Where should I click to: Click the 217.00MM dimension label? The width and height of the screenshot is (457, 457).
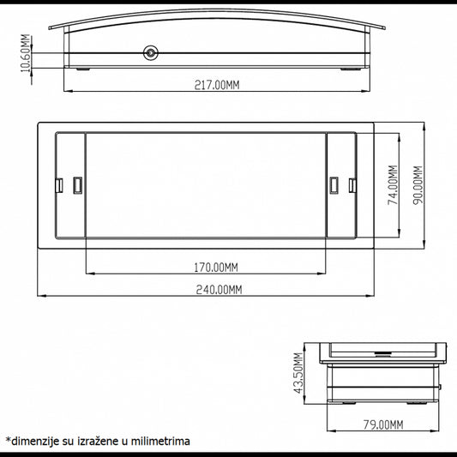(x=217, y=85)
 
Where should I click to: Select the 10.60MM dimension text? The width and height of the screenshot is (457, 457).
(x=26, y=53)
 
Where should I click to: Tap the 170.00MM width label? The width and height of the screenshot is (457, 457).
(x=216, y=268)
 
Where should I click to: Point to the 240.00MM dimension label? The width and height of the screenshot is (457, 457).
(x=219, y=290)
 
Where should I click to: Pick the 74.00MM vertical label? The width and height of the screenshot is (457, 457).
(x=393, y=185)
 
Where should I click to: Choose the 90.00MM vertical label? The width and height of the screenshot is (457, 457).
(x=418, y=185)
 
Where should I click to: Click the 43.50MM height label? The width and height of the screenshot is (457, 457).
(x=298, y=373)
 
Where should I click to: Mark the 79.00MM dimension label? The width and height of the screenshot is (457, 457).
(x=383, y=424)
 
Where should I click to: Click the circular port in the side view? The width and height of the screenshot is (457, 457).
(x=151, y=53)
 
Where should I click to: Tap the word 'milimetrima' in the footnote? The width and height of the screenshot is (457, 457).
(x=160, y=441)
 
